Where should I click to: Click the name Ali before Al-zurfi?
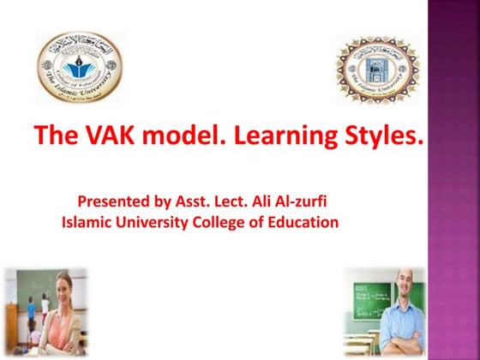[267, 203]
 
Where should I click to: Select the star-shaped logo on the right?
[378, 68]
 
